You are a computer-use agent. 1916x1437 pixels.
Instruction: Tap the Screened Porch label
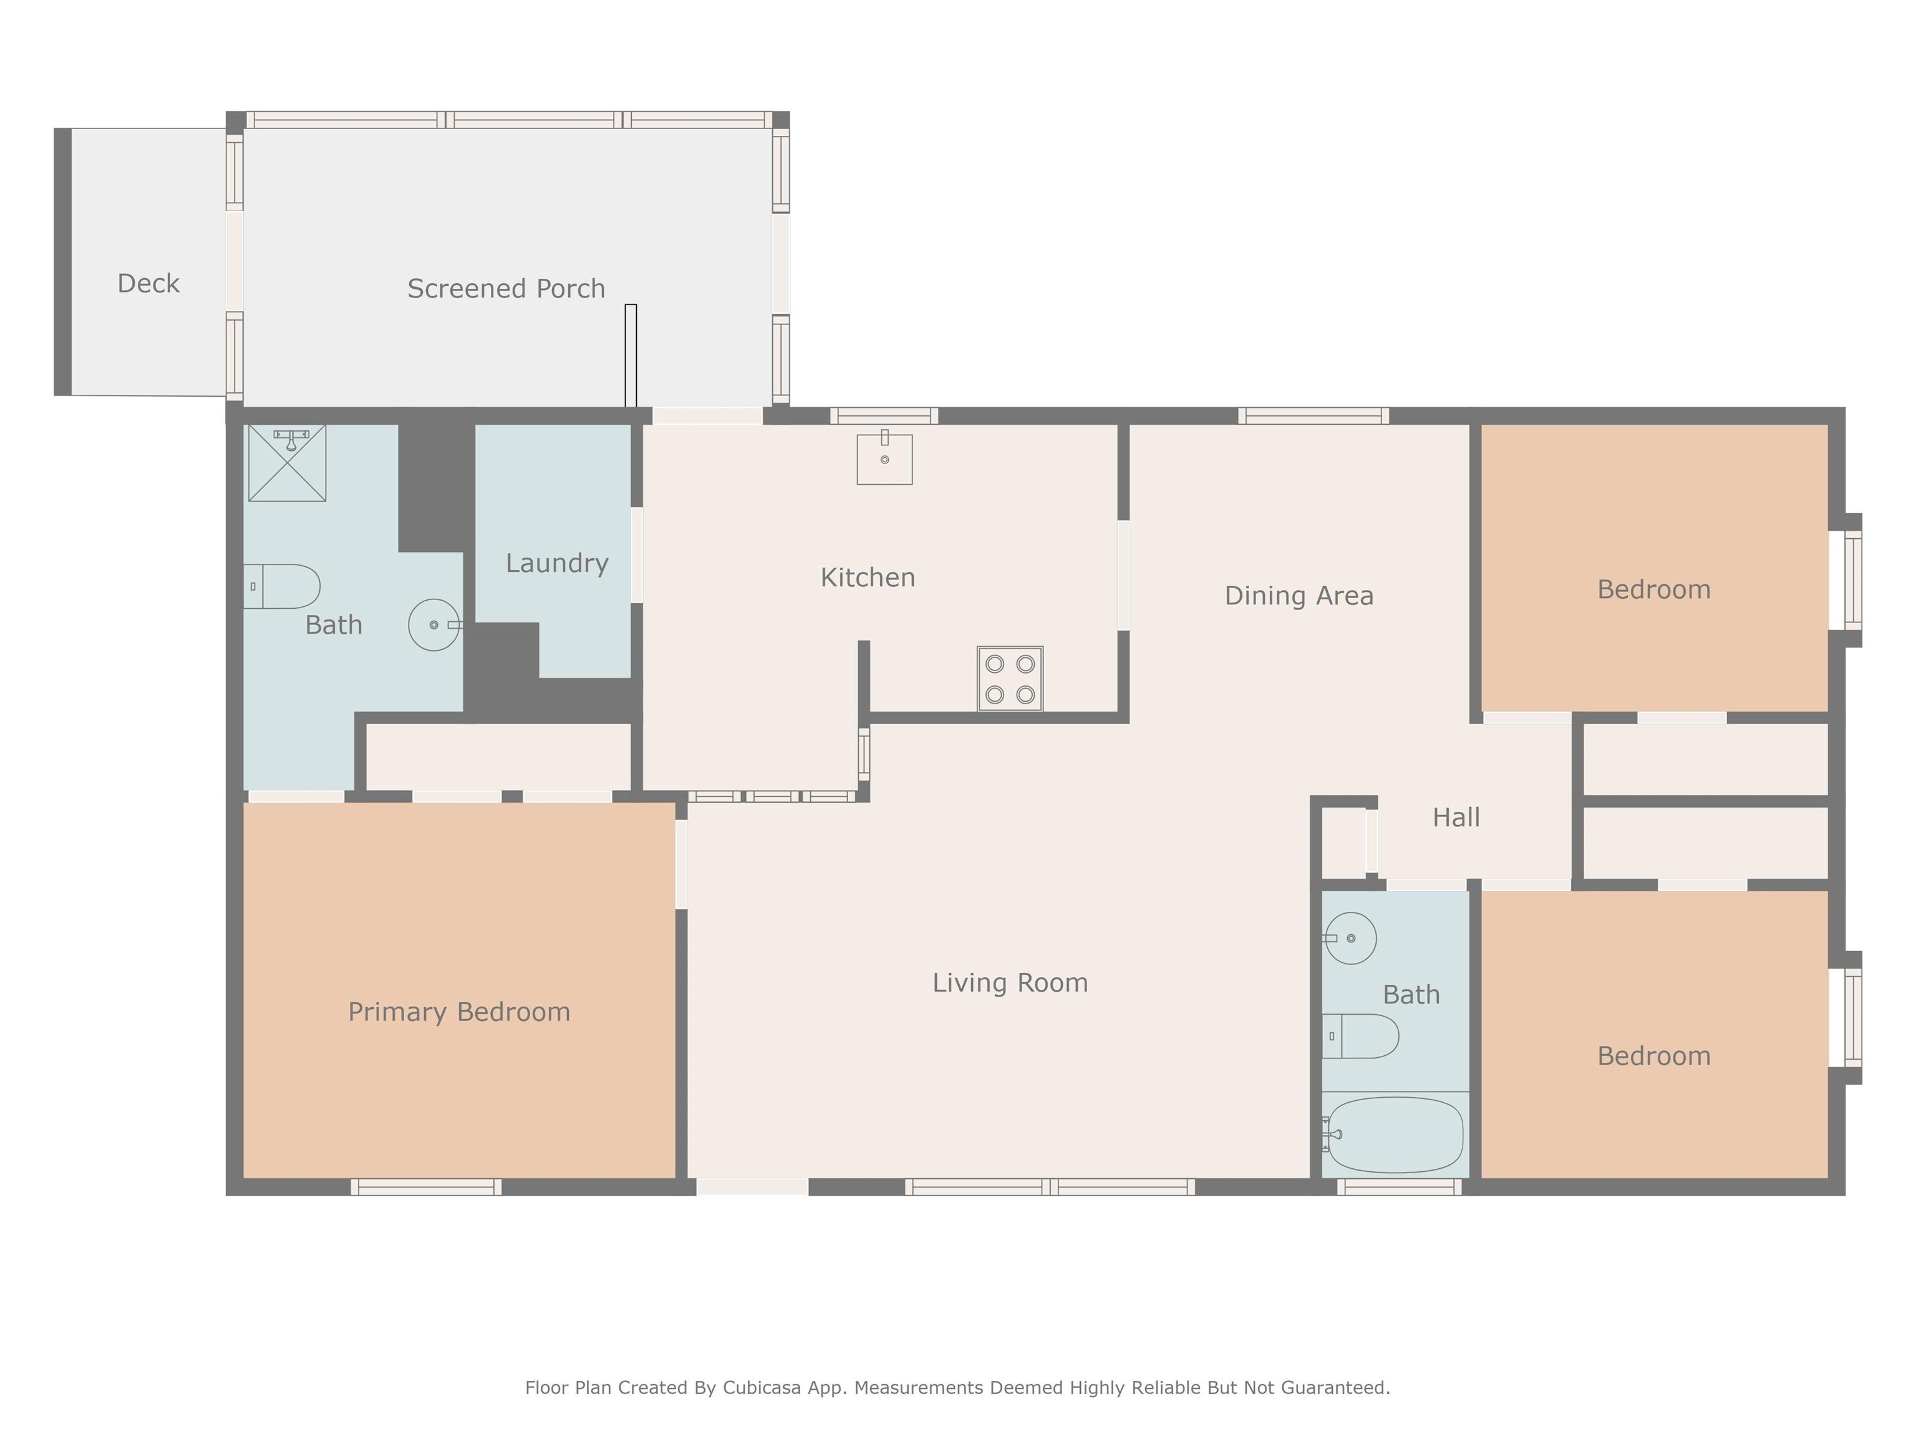click(506, 288)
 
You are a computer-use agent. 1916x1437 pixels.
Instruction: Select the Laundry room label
click(557, 563)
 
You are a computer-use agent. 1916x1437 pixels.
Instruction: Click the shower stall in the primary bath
click(288, 463)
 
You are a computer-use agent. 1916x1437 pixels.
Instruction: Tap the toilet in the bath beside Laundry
click(281, 586)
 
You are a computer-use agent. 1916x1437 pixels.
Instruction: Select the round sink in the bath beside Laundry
click(434, 624)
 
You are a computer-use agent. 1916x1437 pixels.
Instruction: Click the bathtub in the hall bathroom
click(1395, 1135)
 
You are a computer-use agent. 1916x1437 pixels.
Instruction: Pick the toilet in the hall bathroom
click(1360, 1036)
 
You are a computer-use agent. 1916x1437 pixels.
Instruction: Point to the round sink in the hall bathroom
click(1350, 938)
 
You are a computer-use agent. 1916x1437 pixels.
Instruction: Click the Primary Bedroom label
click(459, 1012)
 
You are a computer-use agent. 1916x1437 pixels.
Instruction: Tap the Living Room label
click(1010, 982)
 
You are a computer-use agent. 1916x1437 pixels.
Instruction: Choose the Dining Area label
click(1299, 596)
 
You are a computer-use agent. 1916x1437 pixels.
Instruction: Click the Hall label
click(1456, 817)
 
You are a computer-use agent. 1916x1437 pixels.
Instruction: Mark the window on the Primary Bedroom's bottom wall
click(426, 1187)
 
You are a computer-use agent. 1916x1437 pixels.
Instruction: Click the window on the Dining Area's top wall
click(1313, 416)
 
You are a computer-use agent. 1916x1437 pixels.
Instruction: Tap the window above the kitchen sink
click(884, 416)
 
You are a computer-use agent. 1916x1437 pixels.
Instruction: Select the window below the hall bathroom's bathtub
click(1400, 1187)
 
